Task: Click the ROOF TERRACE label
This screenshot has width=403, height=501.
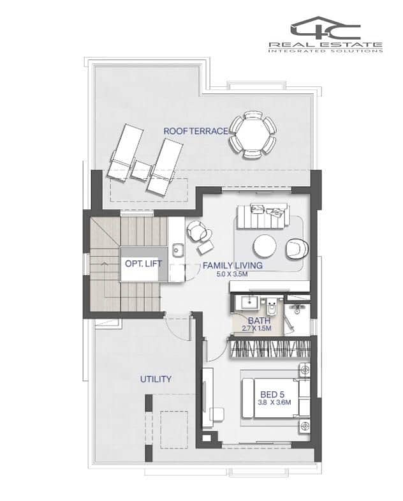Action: point(196,131)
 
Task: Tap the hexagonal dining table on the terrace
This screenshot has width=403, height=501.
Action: point(253,135)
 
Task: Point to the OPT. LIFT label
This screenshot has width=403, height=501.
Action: point(143,264)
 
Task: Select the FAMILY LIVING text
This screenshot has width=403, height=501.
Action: point(233,265)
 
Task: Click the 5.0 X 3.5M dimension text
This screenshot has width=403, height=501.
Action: point(232,274)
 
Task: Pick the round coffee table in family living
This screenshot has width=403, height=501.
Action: point(265,246)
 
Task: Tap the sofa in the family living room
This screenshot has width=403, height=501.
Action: point(263,216)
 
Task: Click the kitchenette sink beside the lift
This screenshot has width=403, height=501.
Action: point(177,250)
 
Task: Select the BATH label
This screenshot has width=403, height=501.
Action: point(260,321)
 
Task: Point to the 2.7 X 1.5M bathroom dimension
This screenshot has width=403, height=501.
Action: point(256,328)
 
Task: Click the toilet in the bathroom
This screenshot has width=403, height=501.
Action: point(272,307)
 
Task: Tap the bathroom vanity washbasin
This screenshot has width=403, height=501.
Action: point(249,302)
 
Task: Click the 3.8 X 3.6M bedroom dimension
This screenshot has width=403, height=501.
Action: point(274,402)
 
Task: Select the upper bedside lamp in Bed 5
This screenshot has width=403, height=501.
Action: point(305,370)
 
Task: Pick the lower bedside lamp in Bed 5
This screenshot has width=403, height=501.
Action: point(305,426)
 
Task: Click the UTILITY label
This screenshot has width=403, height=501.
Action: point(156,379)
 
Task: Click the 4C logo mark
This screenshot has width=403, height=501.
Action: point(325,29)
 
